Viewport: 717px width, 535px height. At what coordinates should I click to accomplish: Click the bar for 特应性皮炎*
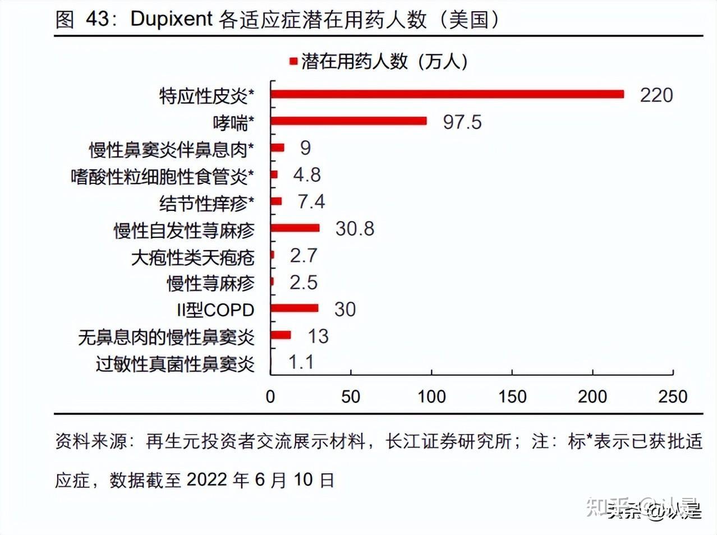447,94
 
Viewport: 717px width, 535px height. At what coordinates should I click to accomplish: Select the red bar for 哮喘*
348,121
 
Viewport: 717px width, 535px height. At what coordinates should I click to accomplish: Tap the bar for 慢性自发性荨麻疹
295,228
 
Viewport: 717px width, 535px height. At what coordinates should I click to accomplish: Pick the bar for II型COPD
295,308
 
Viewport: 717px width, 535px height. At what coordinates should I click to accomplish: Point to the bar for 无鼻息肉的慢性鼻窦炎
281,335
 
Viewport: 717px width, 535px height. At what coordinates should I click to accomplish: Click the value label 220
656,95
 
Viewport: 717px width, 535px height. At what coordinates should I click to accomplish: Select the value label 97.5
462,122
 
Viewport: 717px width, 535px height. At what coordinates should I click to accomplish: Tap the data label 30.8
355,229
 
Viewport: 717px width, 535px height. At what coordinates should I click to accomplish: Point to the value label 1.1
301,362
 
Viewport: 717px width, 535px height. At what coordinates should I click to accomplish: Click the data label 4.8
307,175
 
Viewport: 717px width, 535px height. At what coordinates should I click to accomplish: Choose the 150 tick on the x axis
512,397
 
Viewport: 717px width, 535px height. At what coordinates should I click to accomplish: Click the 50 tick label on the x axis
351,397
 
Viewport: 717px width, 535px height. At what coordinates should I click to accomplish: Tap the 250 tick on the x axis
673,397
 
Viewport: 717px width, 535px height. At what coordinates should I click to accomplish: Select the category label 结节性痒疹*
206,203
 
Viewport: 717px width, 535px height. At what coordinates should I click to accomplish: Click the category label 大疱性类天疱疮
192,257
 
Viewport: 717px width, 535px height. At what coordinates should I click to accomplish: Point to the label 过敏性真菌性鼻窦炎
175,365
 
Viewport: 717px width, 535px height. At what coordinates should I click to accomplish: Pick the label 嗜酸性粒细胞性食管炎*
162,177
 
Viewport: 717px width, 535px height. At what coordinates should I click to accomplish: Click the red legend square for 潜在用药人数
293,61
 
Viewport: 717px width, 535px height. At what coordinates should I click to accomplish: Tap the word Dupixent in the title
171,19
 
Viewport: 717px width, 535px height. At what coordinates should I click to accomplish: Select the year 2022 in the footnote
208,480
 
